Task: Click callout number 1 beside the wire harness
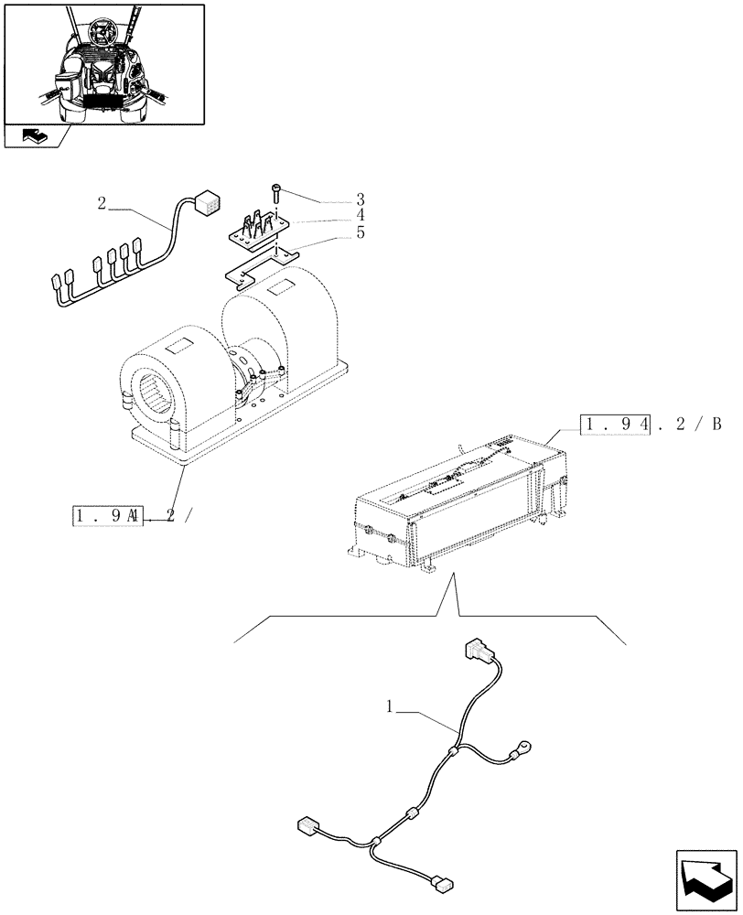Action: [x=390, y=706]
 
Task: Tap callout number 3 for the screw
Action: [x=360, y=199]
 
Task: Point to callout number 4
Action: [x=360, y=215]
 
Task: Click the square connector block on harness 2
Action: [x=210, y=201]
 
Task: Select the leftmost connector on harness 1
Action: [x=307, y=825]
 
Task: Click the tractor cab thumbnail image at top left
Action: [x=103, y=63]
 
